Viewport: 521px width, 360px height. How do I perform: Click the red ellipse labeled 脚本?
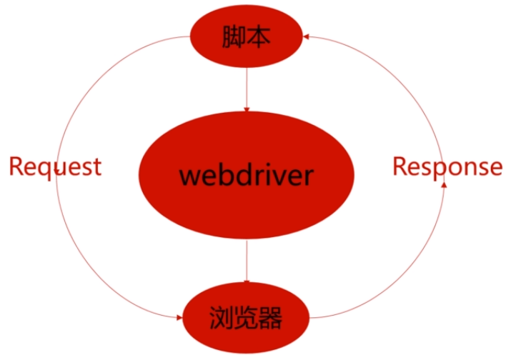(x=246, y=36)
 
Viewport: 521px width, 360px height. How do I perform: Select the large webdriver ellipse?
(x=246, y=174)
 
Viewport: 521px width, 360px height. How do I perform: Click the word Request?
(x=55, y=167)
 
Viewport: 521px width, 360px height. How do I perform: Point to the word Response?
(x=447, y=166)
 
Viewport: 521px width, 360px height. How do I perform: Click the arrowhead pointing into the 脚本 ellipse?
(x=307, y=36)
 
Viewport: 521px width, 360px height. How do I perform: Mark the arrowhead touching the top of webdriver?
(x=246, y=108)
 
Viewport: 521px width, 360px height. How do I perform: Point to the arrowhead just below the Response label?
(x=445, y=184)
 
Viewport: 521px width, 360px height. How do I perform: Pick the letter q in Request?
(x=52, y=169)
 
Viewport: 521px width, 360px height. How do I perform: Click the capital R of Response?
(x=400, y=166)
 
